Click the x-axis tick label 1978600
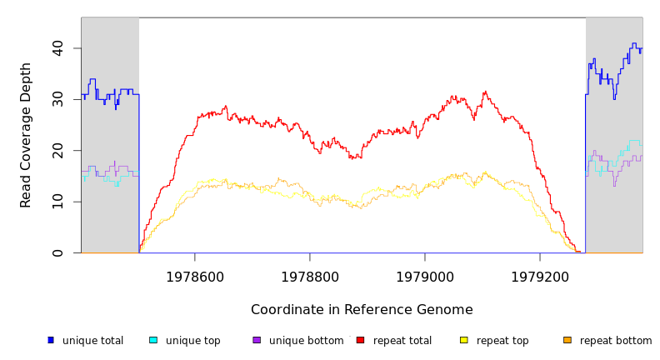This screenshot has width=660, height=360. tap(195, 277)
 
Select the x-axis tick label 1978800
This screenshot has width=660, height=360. tap(310, 277)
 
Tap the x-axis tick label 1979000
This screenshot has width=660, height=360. tap(425, 277)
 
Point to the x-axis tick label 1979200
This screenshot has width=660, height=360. tap(540, 277)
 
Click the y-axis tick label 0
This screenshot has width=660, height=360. tap(57, 252)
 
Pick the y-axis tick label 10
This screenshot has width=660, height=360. tap(57, 202)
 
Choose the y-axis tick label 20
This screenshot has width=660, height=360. tap(57, 150)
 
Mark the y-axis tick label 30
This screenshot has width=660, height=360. tap(57, 99)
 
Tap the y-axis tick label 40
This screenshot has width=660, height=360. tap(57, 48)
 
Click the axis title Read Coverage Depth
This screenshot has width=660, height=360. tap(26, 135)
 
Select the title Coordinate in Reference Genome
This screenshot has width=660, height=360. tap(362, 310)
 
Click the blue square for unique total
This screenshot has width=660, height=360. tap(51, 340)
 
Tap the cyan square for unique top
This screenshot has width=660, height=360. tap(153, 340)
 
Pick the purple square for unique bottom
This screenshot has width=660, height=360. tap(257, 340)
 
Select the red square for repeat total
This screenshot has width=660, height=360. tap(360, 340)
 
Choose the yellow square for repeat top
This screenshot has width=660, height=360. tap(464, 340)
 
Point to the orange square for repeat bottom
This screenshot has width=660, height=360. tap(567, 340)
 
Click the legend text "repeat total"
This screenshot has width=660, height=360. tap(402, 341)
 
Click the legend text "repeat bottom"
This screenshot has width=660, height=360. tap(616, 341)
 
